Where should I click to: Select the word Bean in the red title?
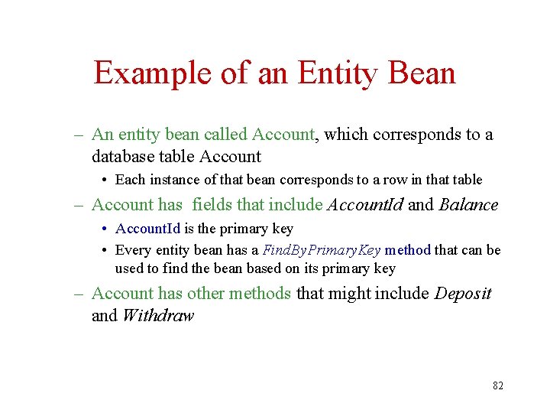click(422, 73)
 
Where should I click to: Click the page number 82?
click(498, 385)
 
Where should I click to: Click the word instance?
click(173, 180)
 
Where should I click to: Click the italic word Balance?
click(468, 205)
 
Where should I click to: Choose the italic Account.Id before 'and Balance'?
click(365, 205)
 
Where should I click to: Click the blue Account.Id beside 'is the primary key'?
click(147, 229)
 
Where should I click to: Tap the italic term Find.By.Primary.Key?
click(321, 250)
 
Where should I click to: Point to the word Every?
click(134, 250)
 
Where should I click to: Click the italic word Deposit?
click(463, 293)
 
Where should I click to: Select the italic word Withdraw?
click(158, 315)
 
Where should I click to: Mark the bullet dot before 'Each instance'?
click(104, 180)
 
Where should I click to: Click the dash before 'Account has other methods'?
click(79, 293)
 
